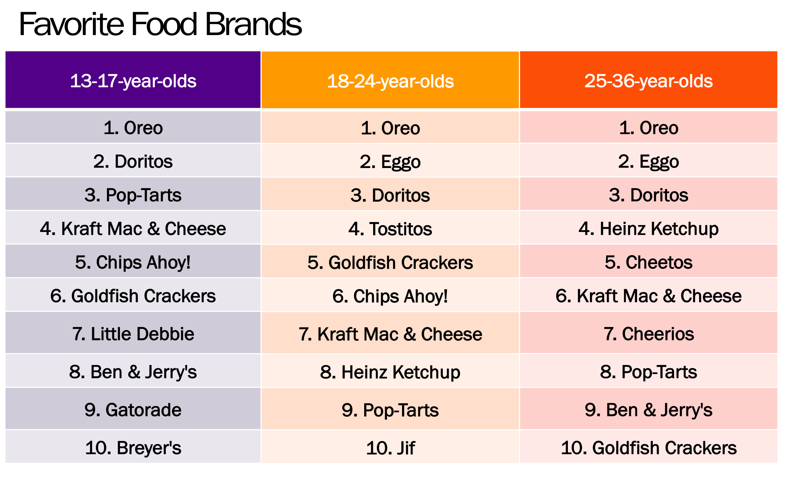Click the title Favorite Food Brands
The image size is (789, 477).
pos(160,25)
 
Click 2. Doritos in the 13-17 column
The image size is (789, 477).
pos(133,162)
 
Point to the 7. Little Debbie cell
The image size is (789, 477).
pos(133,334)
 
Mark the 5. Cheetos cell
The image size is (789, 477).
pos(648,262)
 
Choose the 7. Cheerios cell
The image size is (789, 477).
pos(648,334)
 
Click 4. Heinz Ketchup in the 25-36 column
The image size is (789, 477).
pos(648,229)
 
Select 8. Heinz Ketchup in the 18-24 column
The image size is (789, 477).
pos(390,372)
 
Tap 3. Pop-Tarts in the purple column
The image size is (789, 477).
pos(133,195)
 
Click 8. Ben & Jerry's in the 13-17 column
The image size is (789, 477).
pos(133,372)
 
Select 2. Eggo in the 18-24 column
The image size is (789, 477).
pos(390,162)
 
